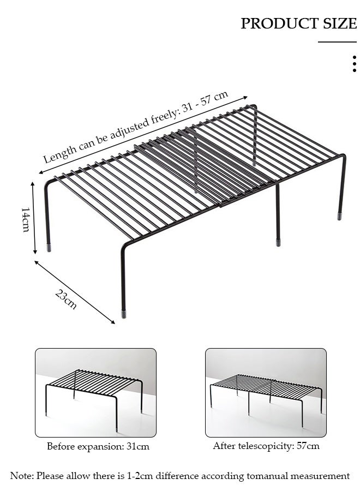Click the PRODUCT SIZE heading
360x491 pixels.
click(298, 23)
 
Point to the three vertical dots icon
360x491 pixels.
click(355, 63)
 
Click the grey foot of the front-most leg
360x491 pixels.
click(124, 314)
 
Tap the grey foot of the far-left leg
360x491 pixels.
click(49, 247)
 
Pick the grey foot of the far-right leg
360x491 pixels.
click(340, 216)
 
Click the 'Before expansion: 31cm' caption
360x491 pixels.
click(98, 446)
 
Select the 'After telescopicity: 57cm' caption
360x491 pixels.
click(266, 446)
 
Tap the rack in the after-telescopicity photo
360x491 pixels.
click(266, 390)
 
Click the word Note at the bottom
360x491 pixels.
click(21, 476)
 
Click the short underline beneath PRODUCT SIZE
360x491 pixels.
click(337, 42)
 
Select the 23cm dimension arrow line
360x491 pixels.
click(75, 292)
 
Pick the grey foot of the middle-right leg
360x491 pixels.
click(278, 242)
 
